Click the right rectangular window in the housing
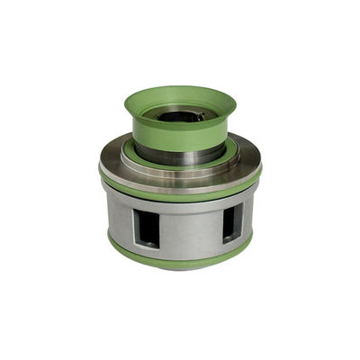click(231, 221)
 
